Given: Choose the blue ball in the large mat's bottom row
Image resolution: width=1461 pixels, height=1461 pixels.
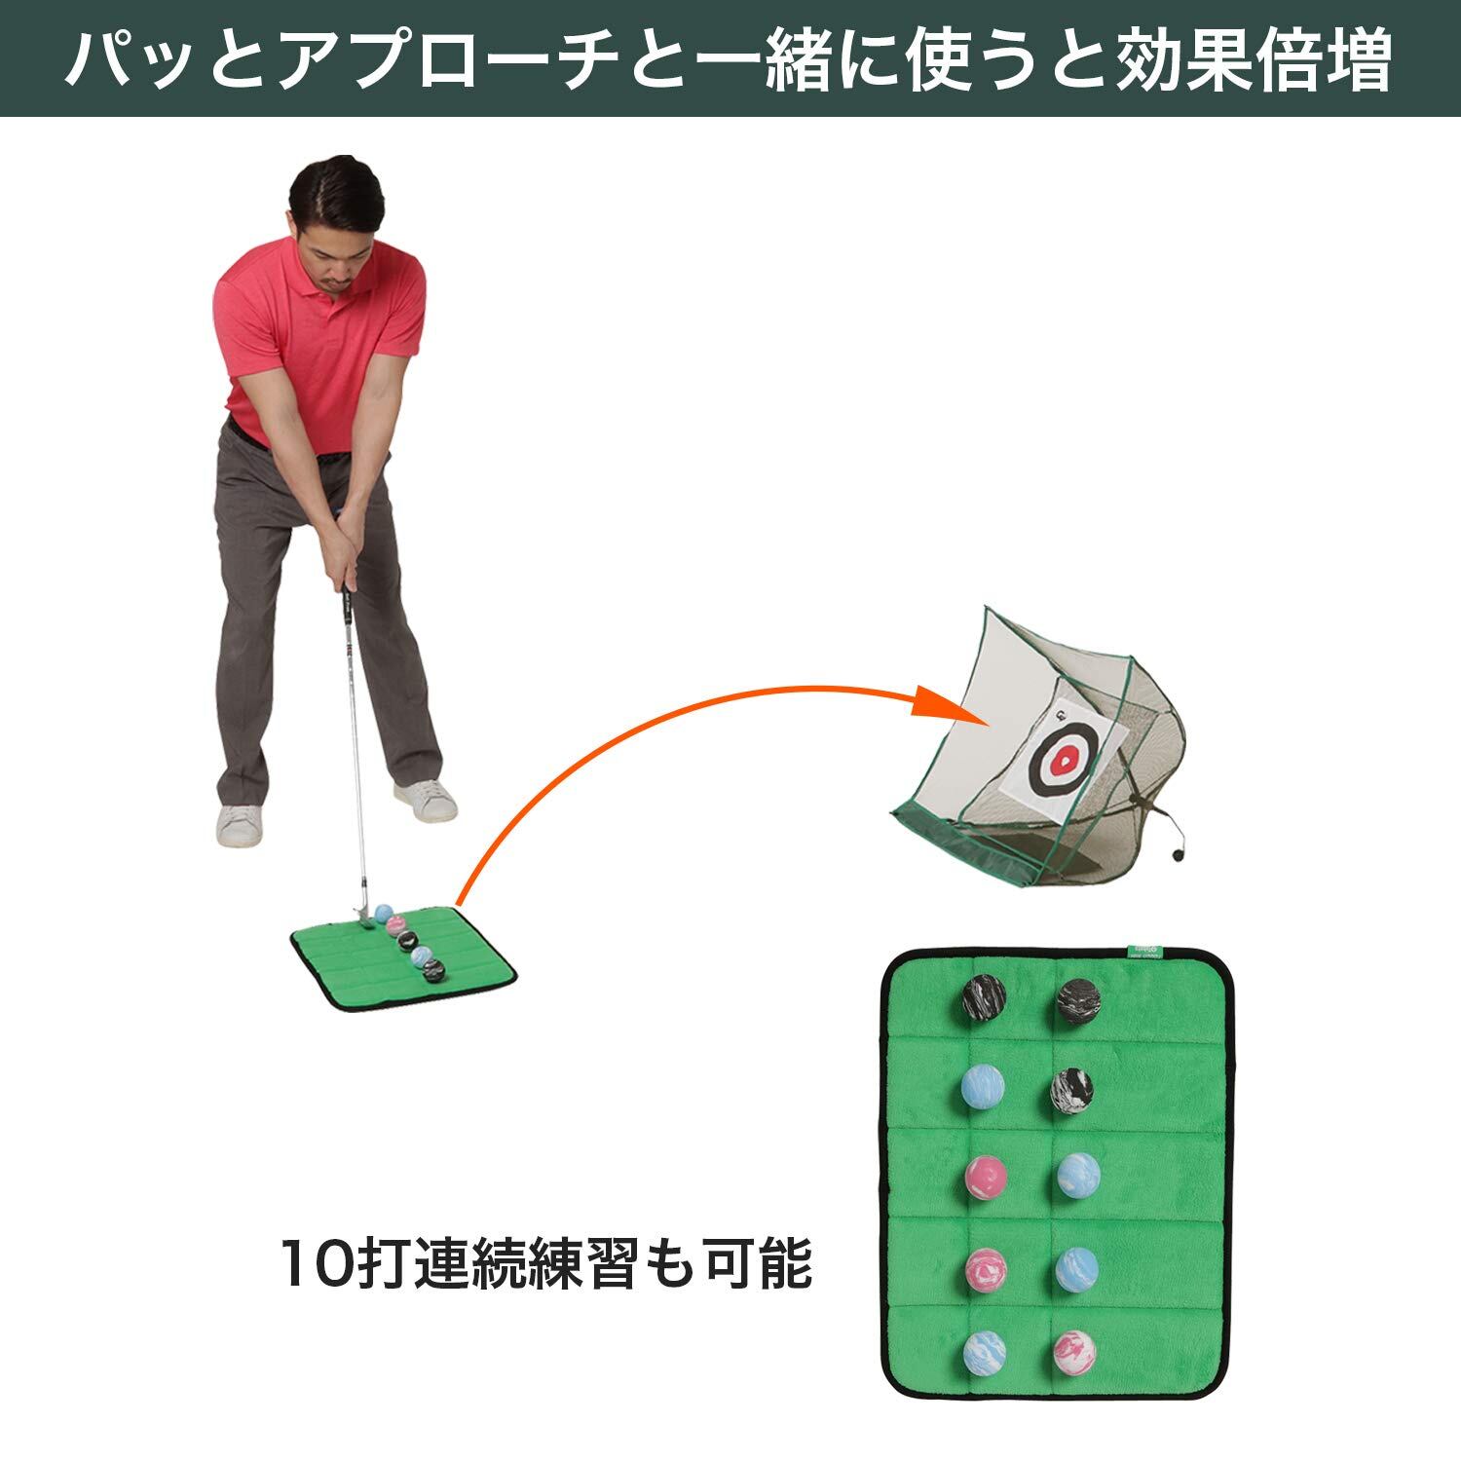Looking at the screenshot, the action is coord(985,1352).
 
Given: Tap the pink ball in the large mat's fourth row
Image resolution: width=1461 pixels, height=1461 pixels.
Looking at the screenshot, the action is coord(985,1267).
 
